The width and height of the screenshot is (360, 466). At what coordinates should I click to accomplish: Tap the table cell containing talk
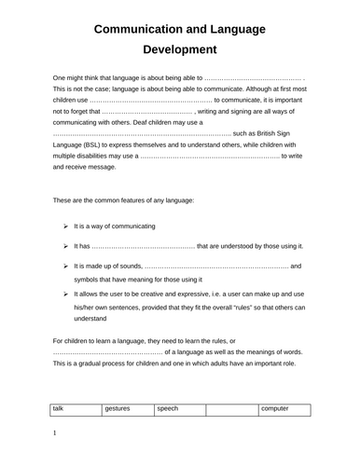click(x=58, y=409)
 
